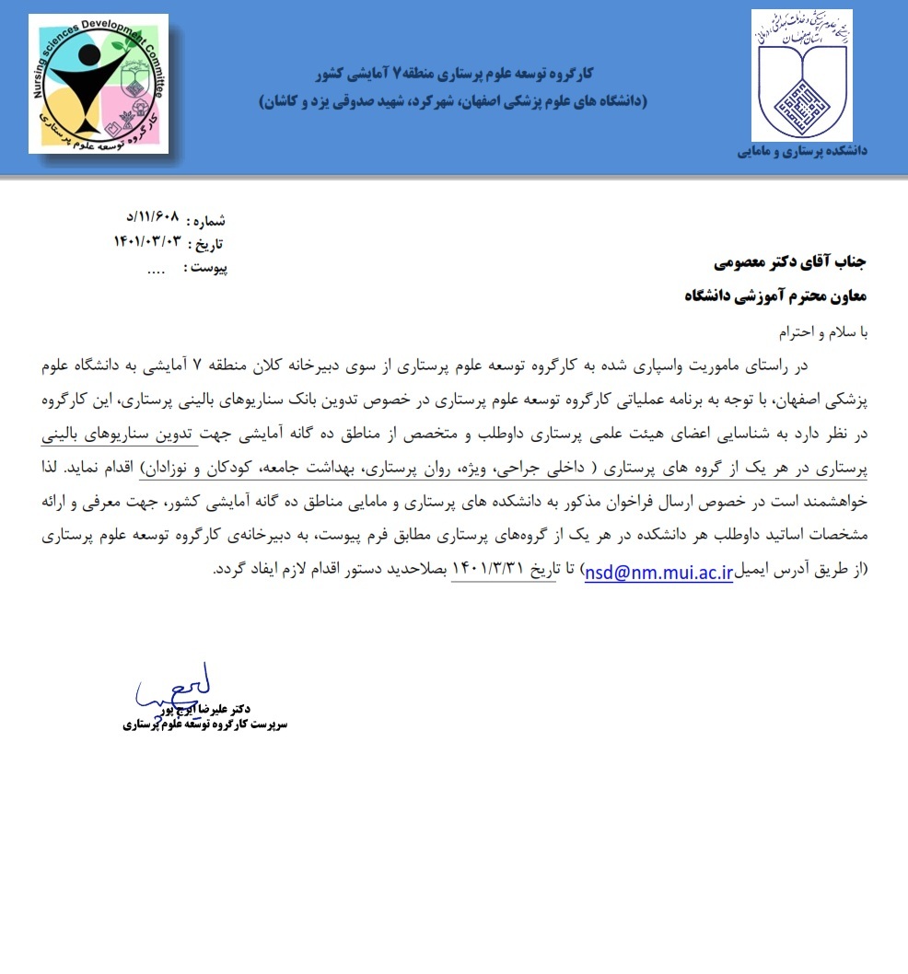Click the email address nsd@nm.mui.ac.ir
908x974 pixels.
[658, 571]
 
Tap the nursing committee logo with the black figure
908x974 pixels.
[99, 84]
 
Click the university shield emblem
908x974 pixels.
[801, 75]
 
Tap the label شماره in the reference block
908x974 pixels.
[207, 221]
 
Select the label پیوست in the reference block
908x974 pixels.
[205, 268]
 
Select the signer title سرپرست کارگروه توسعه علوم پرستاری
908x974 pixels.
[205, 725]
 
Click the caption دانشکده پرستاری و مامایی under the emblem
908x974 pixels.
[802, 151]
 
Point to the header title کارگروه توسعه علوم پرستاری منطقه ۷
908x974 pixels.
[455, 73]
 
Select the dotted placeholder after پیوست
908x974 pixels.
[156, 270]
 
